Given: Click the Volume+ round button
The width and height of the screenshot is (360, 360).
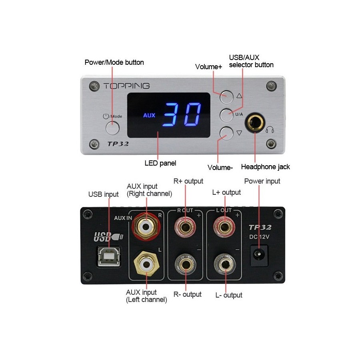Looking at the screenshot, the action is [x=226, y=97].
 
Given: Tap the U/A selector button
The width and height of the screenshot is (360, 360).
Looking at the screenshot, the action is [x=226, y=115].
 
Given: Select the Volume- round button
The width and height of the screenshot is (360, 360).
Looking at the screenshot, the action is [x=226, y=133].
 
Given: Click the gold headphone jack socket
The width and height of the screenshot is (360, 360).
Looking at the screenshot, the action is [x=255, y=123].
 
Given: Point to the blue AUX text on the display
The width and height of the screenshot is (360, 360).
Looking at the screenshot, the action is [x=149, y=115].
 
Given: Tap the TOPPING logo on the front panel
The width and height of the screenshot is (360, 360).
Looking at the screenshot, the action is [x=126, y=86].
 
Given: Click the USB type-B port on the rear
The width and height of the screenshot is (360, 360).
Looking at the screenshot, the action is [x=109, y=256].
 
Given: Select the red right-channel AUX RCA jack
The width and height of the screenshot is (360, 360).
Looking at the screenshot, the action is [x=146, y=227].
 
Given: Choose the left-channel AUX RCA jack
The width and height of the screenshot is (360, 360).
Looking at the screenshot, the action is [x=146, y=264].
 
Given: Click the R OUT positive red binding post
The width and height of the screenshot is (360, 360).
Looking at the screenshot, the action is [x=185, y=227].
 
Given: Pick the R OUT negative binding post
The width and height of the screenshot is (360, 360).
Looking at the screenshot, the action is [x=186, y=264].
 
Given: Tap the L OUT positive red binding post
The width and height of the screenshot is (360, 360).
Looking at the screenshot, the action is [x=224, y=227].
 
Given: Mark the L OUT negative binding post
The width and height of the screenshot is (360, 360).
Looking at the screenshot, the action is [x=225, y=264].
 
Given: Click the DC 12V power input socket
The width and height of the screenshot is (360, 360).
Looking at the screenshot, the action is [x=259, y=255].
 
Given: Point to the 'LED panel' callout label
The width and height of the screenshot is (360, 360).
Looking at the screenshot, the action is [x=160, y=163].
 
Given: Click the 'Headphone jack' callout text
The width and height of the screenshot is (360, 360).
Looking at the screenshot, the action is [x=266, y=167].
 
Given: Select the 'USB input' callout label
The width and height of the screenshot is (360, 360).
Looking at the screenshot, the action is [x=103, y=194].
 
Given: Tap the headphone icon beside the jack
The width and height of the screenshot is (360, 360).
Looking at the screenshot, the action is [x=270, y=130].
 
